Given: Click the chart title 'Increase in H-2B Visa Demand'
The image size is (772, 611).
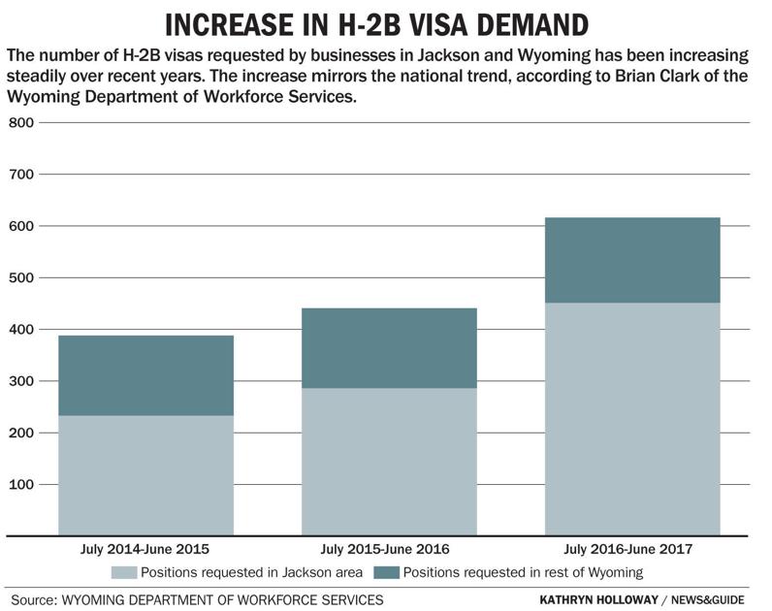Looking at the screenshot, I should tap(385, 23).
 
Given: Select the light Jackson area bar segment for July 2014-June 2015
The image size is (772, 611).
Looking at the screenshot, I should tap(145, 475).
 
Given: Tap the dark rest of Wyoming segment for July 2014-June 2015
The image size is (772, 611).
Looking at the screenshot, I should tap(145, 375).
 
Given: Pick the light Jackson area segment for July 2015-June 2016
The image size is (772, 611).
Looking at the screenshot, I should tap(389, 461).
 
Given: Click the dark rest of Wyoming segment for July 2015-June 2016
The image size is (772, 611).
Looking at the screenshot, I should tap(389, 348).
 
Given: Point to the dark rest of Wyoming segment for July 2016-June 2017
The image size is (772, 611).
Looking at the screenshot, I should tap(632, 260).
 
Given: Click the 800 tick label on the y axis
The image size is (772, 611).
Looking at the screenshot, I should tap(21, 123).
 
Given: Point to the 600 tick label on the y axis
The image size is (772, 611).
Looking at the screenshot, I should tap(21, 227).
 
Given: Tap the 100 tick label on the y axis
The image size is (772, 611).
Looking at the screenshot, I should tap(21, 485).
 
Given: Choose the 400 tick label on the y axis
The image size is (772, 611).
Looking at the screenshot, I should tap(21, 330).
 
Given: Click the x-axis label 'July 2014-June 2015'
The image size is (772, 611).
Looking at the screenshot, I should tap(145, 549).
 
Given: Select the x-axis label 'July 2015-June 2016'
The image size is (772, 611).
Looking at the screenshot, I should tap(389, 549).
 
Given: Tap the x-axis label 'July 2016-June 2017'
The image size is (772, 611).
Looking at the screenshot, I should tap(632, 549).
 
